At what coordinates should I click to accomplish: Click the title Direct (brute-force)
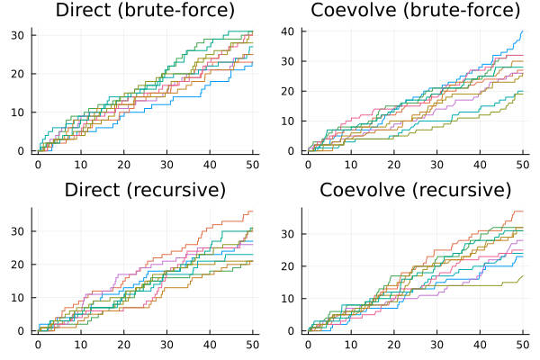[x=145, y=11]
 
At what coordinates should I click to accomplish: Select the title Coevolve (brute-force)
[x=415, y=11]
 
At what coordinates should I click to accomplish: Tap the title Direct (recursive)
[x=145, y=190]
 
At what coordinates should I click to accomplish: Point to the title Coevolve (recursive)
[x=415, y=190]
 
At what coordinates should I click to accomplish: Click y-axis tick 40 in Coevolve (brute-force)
[x=292, y=31]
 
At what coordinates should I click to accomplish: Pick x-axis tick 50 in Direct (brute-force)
[x=253, y=166]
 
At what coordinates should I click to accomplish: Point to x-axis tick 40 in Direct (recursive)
[x=210, y=346]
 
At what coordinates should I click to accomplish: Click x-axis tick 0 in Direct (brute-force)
[x=38, y=166]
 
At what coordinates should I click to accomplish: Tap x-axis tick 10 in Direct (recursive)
[x=81, y=346]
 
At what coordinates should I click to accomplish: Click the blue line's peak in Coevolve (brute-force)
[x=522, y=31]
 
